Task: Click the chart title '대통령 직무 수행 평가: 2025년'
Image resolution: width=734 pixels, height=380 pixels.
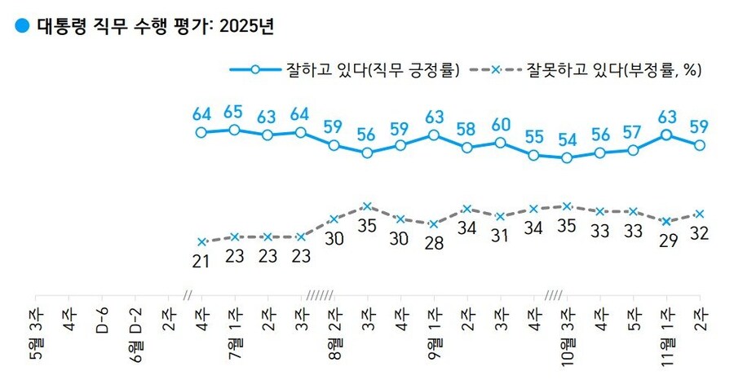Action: pos(155,25)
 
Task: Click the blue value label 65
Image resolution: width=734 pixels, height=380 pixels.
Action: pos(234,110)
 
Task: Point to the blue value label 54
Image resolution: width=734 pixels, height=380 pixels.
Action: pos(568,138)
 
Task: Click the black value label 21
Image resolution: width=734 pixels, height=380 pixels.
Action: pos(201,261)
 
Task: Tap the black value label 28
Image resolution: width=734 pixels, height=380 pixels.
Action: pos(434,243)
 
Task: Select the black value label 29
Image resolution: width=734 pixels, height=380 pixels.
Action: pos(666,241)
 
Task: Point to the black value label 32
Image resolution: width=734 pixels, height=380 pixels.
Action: pos(699,234)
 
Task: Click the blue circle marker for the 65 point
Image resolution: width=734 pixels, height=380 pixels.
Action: pos(234,130)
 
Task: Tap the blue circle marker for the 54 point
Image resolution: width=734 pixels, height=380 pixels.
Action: pos(568,157)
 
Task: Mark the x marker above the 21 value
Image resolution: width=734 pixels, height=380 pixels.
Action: pos(201,241)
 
